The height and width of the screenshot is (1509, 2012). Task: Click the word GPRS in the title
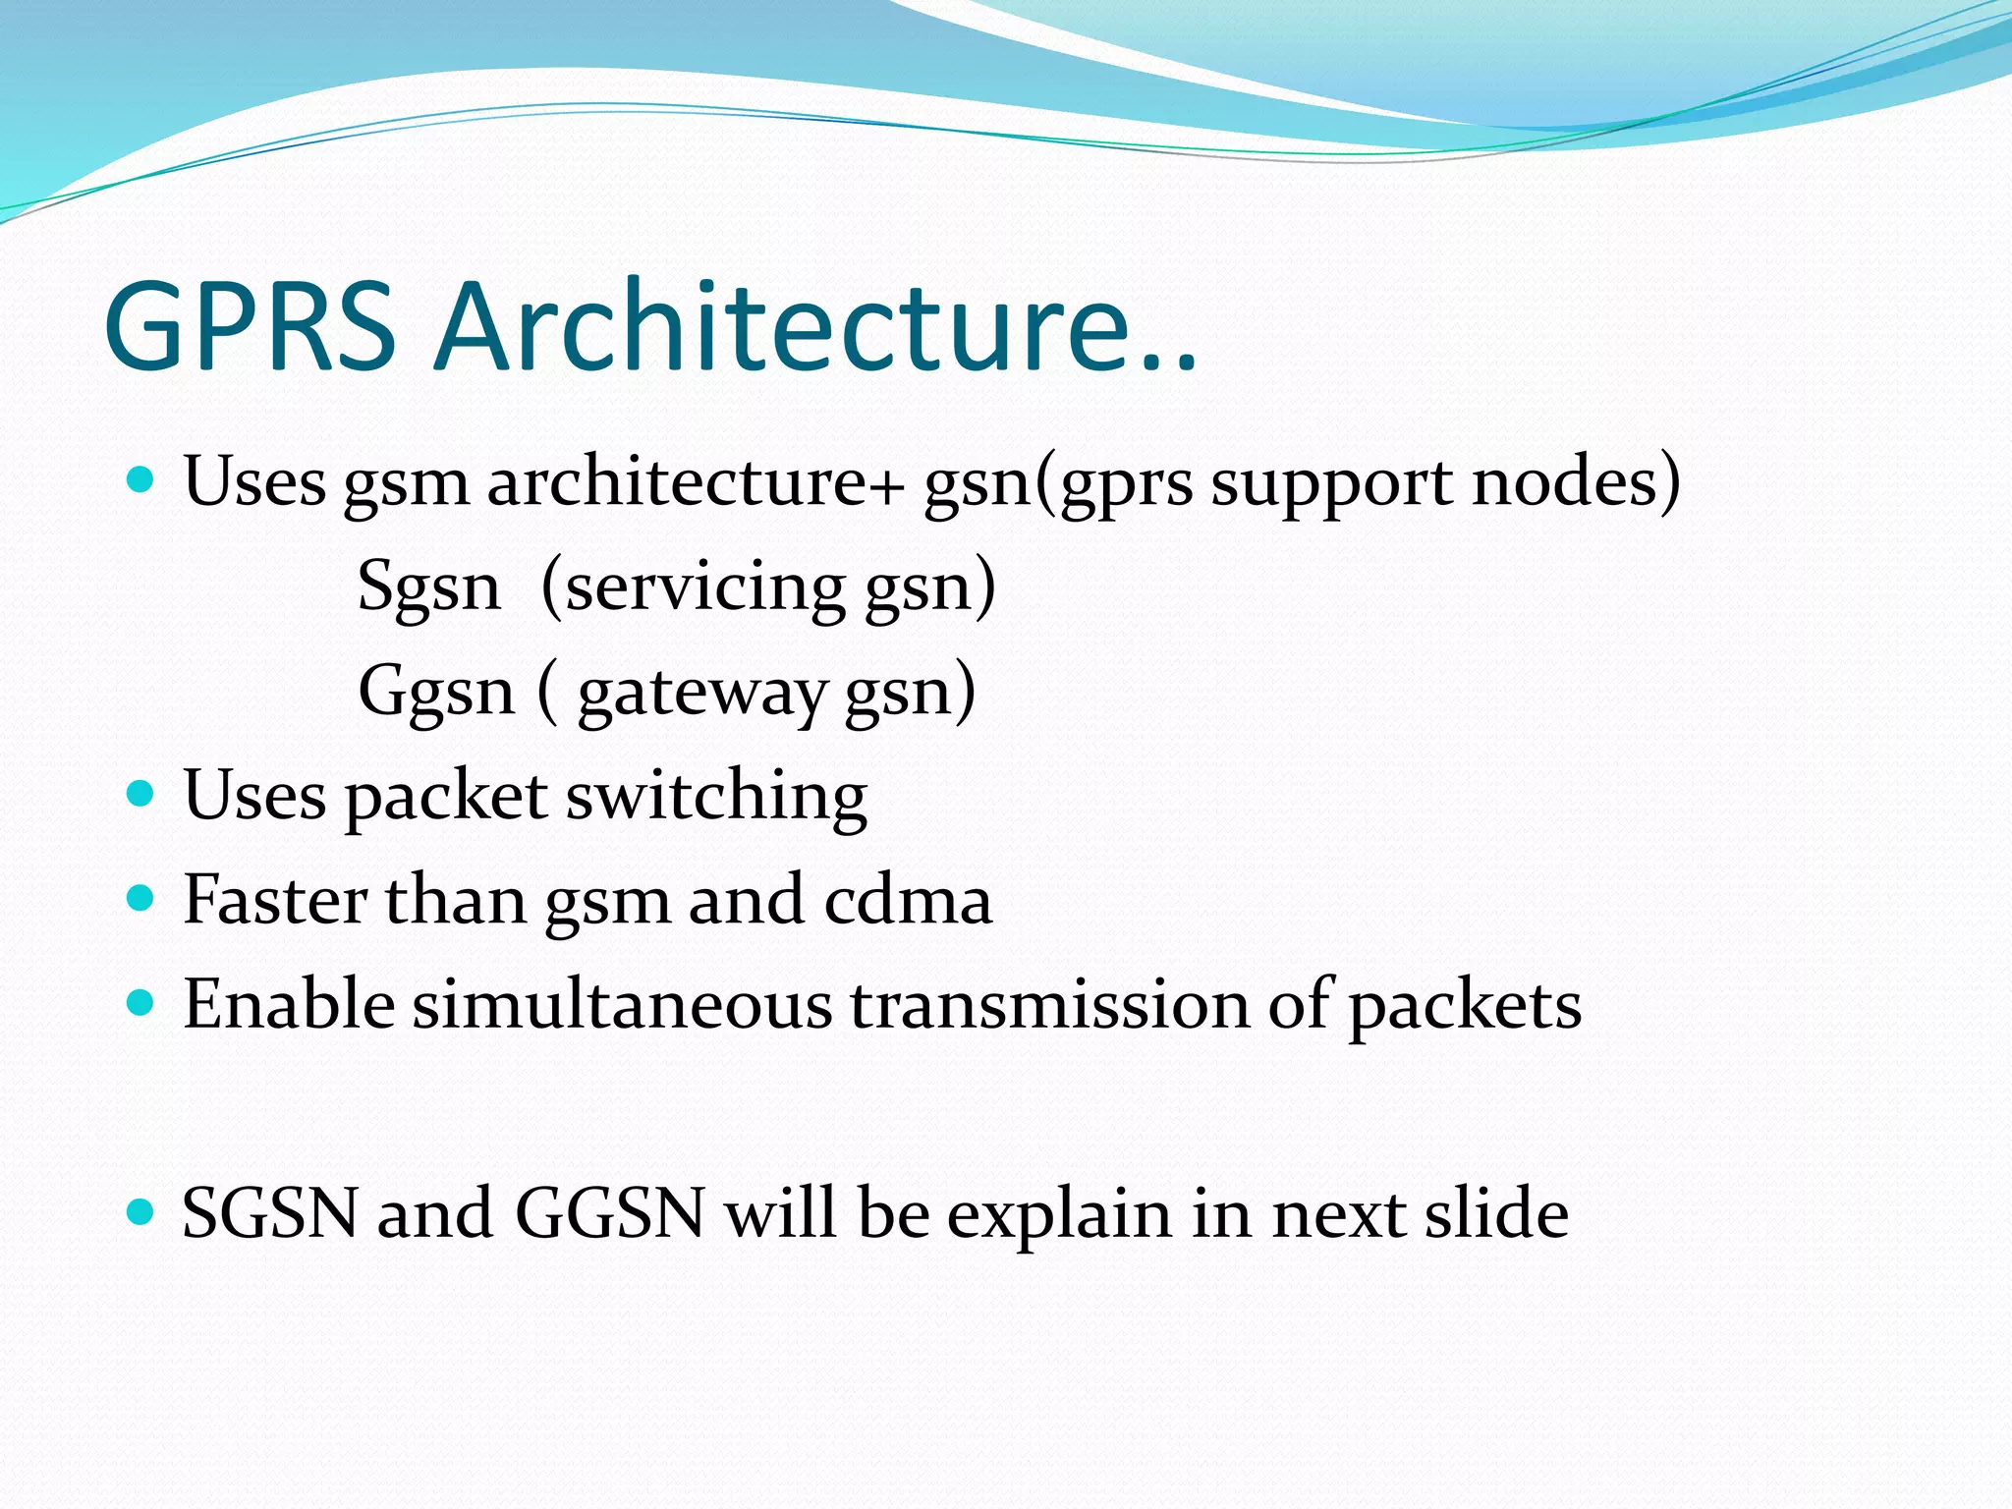pos(250,326)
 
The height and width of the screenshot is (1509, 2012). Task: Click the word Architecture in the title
pos(815,326)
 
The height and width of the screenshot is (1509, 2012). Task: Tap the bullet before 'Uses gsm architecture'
pos(141,480)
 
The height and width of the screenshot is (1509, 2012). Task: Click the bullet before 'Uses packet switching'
pos(141,793)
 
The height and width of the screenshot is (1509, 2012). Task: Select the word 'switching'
pos(716,797)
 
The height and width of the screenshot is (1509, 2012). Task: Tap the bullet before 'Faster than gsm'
pos(141,898)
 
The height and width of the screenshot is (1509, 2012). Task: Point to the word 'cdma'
pos(908,900)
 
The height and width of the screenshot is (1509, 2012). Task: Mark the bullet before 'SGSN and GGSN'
pos(141,1211)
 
